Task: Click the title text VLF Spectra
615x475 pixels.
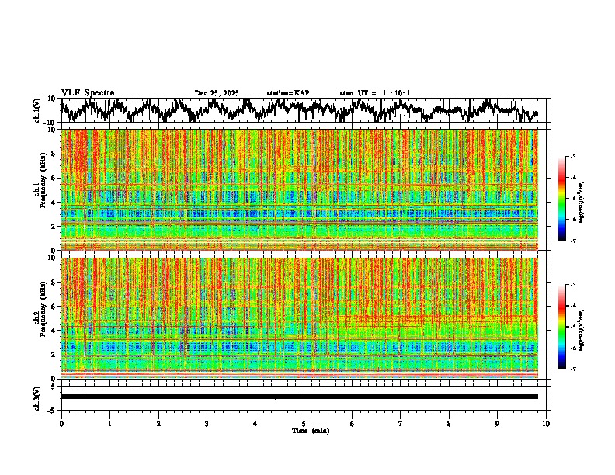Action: (88, 92)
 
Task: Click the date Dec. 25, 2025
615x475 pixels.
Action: (217, 93)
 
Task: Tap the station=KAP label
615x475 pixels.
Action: (288, 93)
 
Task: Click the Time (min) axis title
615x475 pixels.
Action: (310, 430)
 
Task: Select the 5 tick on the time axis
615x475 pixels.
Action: (304, 424)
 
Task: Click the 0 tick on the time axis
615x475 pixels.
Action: (61, 424)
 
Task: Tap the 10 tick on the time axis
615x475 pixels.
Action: (546, 424)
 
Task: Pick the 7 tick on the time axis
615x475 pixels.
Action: (401, 424)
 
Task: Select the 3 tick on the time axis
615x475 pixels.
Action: (207, 424)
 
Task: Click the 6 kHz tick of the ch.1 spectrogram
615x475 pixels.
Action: (54, 178)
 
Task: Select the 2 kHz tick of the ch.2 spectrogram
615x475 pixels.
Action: (54, 354)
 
